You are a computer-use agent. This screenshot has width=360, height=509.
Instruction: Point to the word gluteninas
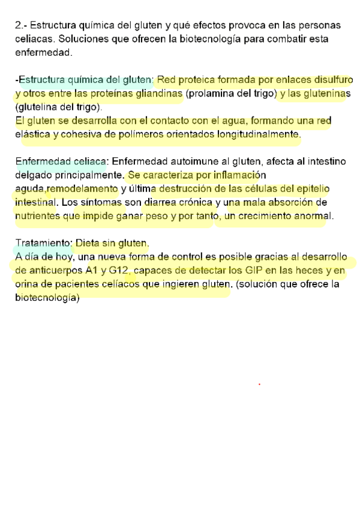tap(325, 94)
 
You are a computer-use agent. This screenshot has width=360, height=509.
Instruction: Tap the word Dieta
tap(89, 243)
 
